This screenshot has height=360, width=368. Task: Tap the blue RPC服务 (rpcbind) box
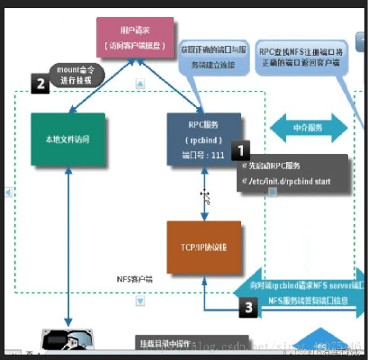[x=204, y=140]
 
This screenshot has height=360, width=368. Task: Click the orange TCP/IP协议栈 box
[x=204, y=247]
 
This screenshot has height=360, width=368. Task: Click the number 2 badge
[x=40, y=85]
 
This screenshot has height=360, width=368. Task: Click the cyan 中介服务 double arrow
[x=303, y=127]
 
